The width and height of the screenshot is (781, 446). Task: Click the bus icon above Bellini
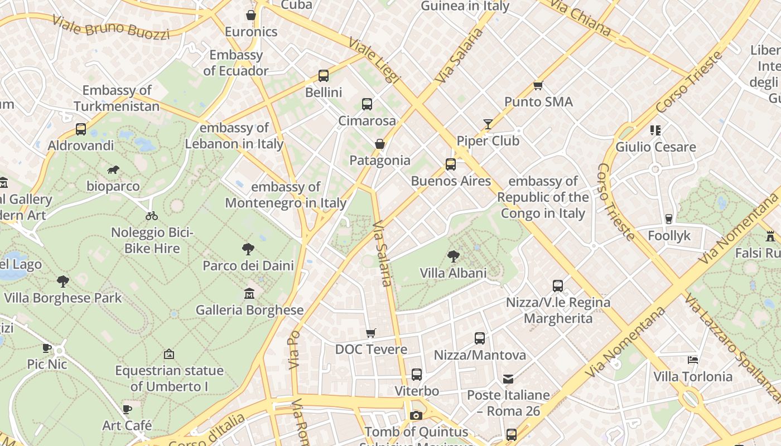[x=324, y=76]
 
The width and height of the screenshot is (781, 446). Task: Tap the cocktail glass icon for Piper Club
[x=488, y=124]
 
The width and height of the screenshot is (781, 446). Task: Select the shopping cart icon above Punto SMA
[x=538, y=85]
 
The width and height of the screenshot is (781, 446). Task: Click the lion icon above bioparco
[x=113, y=169]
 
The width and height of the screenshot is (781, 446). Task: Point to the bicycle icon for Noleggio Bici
[x=151, y=216]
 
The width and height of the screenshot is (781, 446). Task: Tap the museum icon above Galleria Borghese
[x=249, y=293]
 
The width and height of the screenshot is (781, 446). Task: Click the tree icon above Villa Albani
[x=454, y=256]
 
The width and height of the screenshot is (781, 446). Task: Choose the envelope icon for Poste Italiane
[x=508, y=379]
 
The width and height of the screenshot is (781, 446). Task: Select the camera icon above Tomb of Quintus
[x=416, y=415]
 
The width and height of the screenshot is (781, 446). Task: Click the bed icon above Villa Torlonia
[x=693, y=360]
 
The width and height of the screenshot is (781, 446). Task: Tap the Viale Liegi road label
[x=374, y=60]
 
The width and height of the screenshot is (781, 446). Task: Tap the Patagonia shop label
[x=380, y=161]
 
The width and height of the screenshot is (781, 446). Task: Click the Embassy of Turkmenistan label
[x=117, y=98]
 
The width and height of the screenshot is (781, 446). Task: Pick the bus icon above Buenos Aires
[x=451, y=164]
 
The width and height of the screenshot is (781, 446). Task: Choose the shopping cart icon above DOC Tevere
[x=371, y=333]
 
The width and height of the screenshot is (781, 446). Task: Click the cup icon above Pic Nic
[x=47, y=348]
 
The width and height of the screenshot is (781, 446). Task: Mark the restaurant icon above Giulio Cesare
[x=655, y=130]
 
